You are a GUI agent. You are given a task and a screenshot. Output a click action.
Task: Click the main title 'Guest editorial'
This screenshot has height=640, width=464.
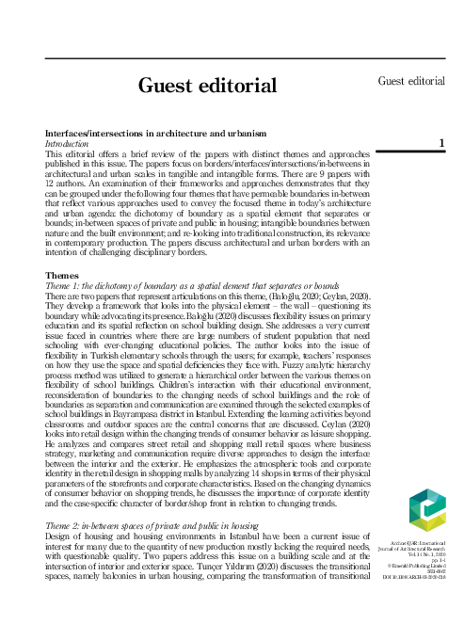coord(208,88)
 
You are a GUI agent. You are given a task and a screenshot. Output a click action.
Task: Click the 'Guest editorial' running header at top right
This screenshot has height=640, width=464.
coord(411,81)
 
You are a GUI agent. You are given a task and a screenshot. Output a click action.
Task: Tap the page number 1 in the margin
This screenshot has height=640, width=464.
coord(441,143)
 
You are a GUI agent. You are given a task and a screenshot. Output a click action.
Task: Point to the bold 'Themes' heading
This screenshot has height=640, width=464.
coord(63,276)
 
